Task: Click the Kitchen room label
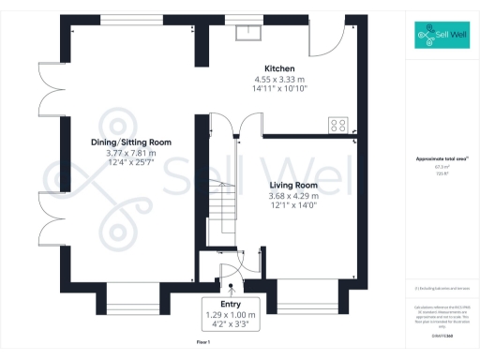[x=280, y=69]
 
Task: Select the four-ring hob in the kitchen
[x=337, y=124]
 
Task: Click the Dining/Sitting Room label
[x=130, y=142]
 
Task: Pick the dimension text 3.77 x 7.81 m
[x=130, y=153]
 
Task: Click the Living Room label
[x=294, y=186]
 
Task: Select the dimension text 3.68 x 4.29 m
[x=294, y=196]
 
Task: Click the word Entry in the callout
[x=231, y=305]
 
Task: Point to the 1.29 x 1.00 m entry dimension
[x=231, y=316]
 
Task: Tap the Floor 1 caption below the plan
[x=203, y=343]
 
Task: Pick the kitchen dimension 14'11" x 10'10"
[x=280, y=89]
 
